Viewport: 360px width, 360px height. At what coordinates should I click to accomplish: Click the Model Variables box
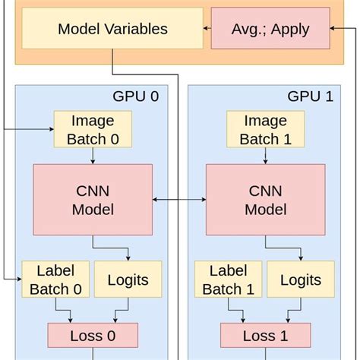click(x=112, y=29)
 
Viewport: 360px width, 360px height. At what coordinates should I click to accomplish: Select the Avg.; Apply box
click(x=270, y=29)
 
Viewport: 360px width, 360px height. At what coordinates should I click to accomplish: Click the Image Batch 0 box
click(x=93, y=129)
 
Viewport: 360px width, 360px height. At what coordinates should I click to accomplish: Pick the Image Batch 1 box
click(x=265, y=129)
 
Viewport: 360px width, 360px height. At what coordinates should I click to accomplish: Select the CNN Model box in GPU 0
click(x=93, y=199)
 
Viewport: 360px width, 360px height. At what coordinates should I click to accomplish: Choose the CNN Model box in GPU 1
click(x=265, y=199)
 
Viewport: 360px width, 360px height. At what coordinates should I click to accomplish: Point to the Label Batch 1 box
click(x=228, y=279)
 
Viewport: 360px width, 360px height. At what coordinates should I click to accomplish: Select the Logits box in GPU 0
click(x=127, y=279)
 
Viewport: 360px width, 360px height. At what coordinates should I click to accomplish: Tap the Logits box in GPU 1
click(x=300, y=279)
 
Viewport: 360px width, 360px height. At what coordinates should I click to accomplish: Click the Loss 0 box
click(x=93, y=335)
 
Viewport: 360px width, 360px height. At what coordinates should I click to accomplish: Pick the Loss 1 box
click(x=265, y=335)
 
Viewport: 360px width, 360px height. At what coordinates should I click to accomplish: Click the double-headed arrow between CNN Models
click(x=179, y=200)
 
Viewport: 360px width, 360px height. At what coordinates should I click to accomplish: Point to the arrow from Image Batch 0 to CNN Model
click(x=93, y=156)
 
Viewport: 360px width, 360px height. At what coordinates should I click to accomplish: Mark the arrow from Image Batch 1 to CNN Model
click(x=265, y=156)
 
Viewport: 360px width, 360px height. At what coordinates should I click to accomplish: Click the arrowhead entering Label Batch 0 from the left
click(x=18, y=279)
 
